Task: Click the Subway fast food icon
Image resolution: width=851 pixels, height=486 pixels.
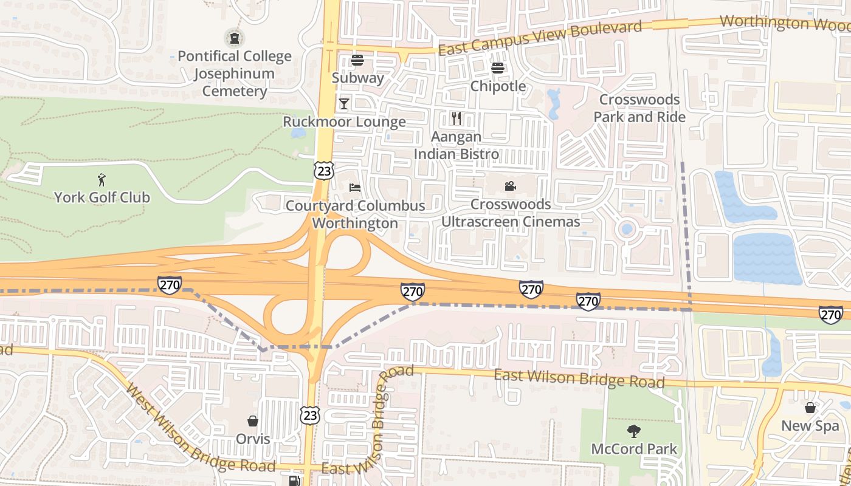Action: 357,60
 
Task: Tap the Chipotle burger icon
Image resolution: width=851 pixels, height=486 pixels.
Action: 498,68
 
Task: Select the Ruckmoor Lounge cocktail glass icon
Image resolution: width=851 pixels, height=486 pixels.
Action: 344,104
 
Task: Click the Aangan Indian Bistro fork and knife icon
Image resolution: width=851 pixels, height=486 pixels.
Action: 457,118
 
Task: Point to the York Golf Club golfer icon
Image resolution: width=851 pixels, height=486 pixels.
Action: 102,180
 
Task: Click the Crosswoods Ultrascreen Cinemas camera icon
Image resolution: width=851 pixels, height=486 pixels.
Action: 510,187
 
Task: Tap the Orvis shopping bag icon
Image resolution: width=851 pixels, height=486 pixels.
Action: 252,421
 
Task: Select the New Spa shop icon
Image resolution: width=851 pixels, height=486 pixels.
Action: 810,408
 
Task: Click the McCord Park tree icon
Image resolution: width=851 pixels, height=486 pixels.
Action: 633,432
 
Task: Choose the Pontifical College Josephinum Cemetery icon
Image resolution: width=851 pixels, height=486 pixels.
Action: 234,38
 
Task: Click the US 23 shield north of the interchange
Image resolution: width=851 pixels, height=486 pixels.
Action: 324,171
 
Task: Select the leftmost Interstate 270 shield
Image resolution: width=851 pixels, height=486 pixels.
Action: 169,284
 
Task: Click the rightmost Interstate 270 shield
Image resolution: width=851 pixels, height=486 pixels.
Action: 831,314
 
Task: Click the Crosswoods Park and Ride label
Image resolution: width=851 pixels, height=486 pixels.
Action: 639,108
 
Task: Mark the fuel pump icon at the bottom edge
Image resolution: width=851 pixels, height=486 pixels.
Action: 294,481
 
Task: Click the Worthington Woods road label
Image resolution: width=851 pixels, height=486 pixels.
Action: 784,23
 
